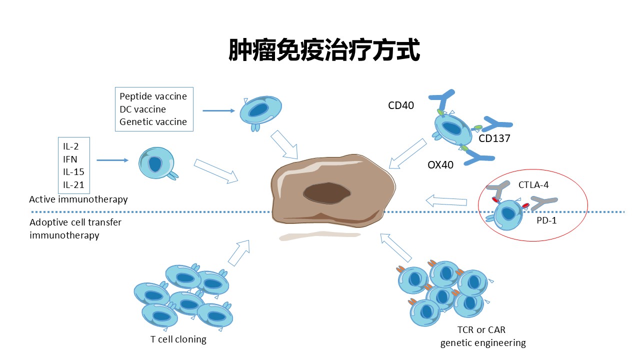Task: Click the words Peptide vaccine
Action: coord(153,96)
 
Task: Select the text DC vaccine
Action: coord(142,109)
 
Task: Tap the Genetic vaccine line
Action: coord(153,121)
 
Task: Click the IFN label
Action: coord(69,159)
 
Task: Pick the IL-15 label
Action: coord(73,172)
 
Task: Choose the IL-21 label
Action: coord(73,185)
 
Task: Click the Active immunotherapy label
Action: coord(78,199)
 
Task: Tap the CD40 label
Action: coord(401,105)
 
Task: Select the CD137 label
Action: coord(494,138)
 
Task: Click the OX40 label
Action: coord(440,164)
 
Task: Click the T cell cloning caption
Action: coord(178,339)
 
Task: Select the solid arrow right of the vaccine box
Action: coord(219,110)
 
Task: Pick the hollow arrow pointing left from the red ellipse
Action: coord(446,201)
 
